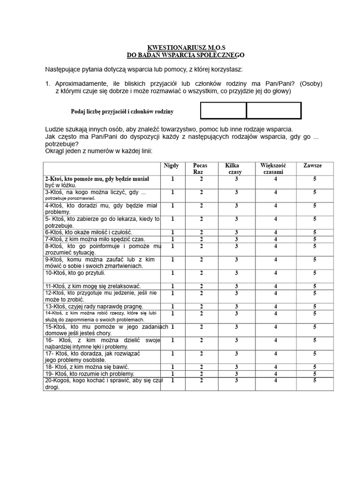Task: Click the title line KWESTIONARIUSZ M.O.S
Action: click(x=187, y=48)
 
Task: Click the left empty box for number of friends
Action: click(x=224, y=111)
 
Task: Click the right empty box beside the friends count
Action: click(x=274, y=111)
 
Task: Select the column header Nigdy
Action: click(x=171, y=166)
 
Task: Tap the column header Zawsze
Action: click(x=313, y=166)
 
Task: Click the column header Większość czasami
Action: click(x=273, y=169)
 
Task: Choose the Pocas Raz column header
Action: click(x=200, y=169)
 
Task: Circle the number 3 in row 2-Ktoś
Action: click(x=237, y=179)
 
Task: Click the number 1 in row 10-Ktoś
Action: click(x=172, y=273)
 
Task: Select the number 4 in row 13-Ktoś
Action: click(x=276, y=307)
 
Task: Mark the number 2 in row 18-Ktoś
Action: click(x=202, y=367)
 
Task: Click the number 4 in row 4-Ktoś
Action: click(x=276, y=206)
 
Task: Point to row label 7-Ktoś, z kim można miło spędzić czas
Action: click(x=95, y=239)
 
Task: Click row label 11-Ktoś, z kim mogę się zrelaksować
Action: click(x=93, y=286)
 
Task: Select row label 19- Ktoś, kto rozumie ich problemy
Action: click(x=90, y=374)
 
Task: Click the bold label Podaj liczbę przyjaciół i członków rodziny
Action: click(x=122, y=112)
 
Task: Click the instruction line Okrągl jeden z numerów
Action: click(x=98, y=151)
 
